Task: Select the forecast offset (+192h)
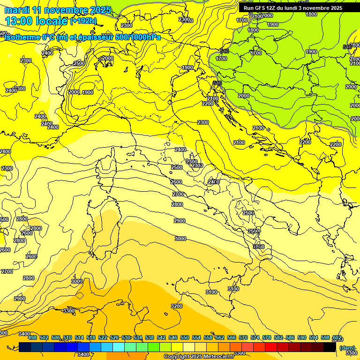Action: pyautogui.click(x=83, y=21)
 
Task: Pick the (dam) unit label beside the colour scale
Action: pyautogui.click(x=347, y=347)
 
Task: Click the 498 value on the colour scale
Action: pyautogui.click(x=32, y=337)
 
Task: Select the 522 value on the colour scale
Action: pyautogui.click(x=103, y=337)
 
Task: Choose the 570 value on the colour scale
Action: pyautogui.click(x=243, y=337)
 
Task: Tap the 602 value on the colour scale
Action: pyautogui.click(x=337, y=337)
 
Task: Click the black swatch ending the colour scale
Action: pyautogui.click(x=330, y=347)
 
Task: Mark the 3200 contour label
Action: pyautogui.click(x=177, y=306)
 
